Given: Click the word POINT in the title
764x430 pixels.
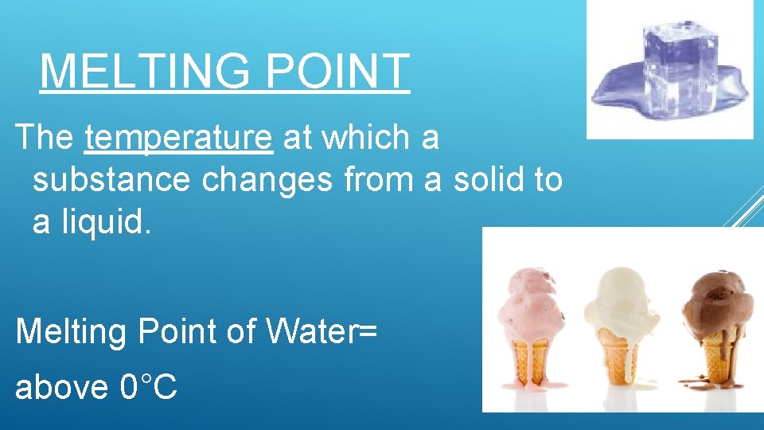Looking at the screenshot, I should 338,72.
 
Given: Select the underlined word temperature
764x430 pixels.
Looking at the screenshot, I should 179,138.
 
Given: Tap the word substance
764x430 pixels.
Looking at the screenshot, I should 111,180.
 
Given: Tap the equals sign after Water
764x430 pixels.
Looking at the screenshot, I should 367,330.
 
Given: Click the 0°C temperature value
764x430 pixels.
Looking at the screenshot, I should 149,387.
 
